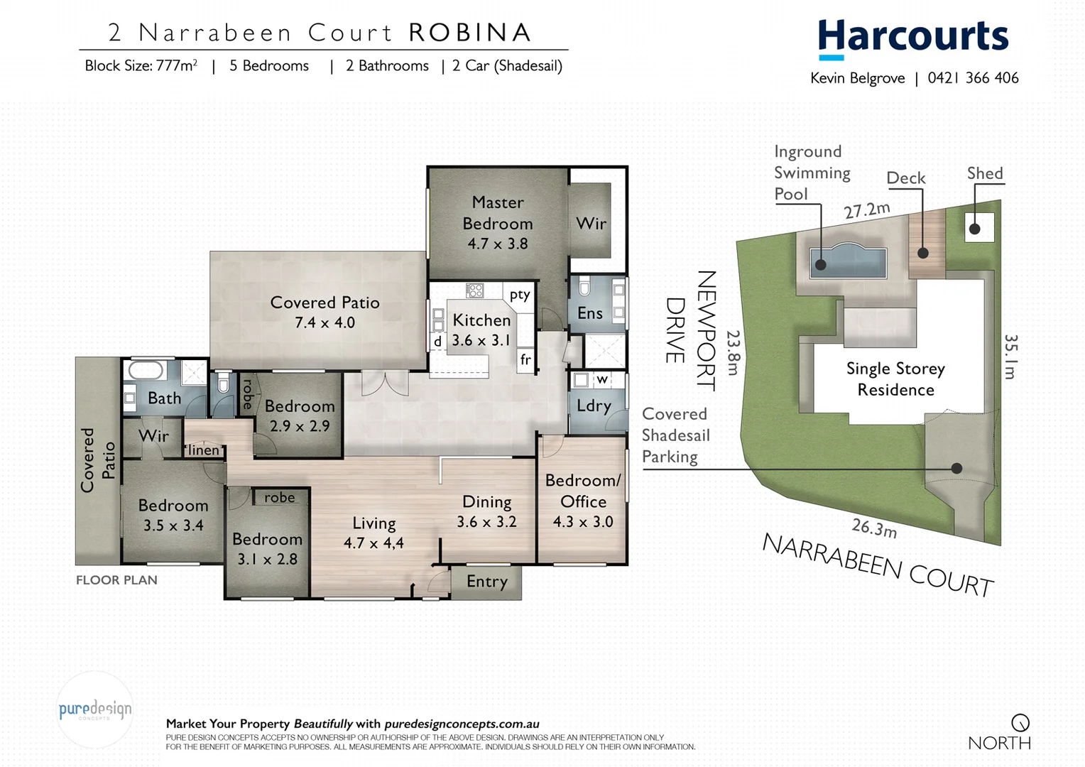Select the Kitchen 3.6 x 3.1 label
[x=481, y=330]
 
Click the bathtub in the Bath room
[x=146, y=371]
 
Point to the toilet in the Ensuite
[x=584, y=287]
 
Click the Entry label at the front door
[x=487, y=582]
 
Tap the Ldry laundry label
[x=594, y=406]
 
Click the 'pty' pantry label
[x=520, y=294]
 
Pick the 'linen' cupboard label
[x=204, y=450]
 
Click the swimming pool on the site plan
[x=849, y=261]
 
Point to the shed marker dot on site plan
[x=975, y=229]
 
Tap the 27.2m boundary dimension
[x=866, y=210]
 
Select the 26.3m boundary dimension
[x=874, y=528]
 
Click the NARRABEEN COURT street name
[x=878, y=565]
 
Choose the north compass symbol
[x=1020, y=723]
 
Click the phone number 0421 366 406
[x=973, y=78]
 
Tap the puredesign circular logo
[x=95, y=709]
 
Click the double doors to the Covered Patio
[x=385, y=383]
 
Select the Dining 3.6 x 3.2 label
[x=486, y=511]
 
